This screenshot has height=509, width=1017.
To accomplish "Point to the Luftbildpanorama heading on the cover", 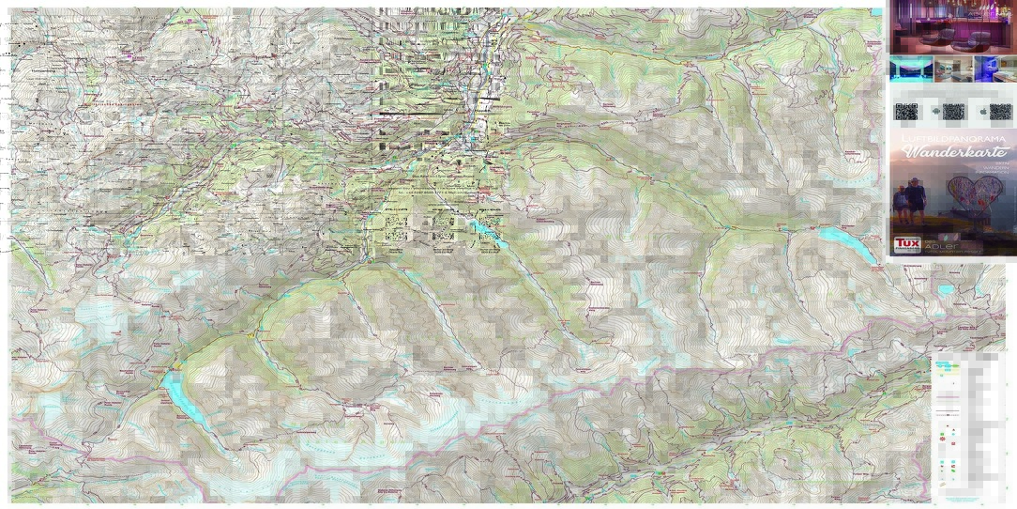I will pos(951,138).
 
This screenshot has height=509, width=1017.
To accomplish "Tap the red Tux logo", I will pos(906,243).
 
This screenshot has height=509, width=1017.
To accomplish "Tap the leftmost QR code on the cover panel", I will pos(906,112).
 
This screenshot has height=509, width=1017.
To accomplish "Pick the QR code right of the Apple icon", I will pos(1000,112).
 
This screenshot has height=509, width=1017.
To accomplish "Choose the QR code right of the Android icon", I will pos(953,112).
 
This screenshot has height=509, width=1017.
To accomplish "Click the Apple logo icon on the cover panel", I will pos(979,112).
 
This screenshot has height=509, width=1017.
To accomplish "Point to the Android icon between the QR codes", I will pos(934,112).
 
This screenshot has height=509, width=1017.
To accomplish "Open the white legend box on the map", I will pos(966,427).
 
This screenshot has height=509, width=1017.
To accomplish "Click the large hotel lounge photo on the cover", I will pos(951,26).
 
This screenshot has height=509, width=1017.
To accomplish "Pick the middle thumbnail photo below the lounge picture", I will pos(951,69).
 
